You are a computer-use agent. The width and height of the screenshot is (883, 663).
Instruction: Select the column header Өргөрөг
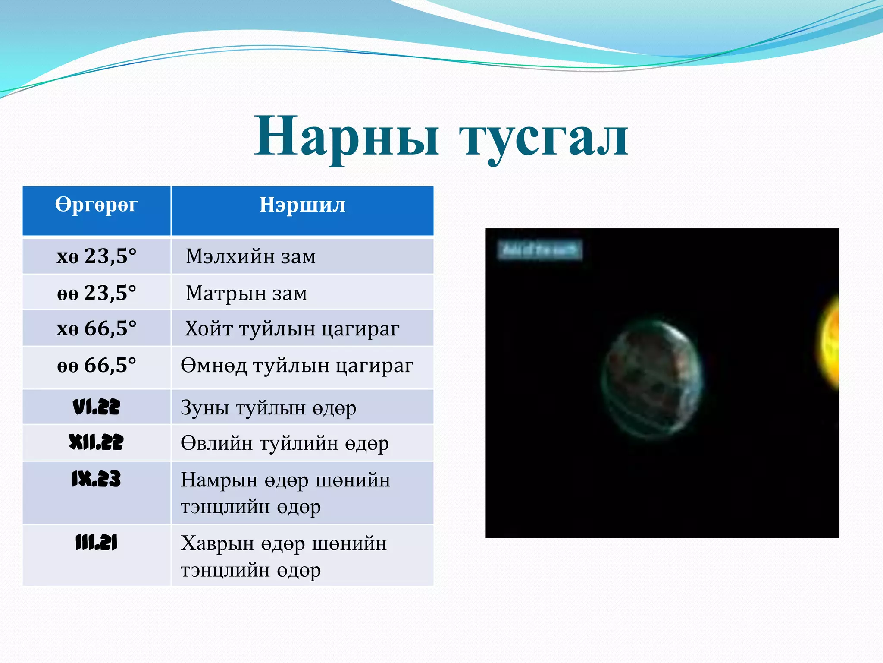click(x=97, y=205)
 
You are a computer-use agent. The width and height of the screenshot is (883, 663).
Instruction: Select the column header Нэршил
click(x=302, y=205)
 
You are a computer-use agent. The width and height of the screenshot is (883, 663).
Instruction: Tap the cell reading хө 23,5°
click(x=97, y=256)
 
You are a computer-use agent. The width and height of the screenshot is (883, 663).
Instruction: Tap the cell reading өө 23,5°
click(x=97, y=293)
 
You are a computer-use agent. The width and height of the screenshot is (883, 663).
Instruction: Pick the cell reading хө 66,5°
click(x=97, y=328)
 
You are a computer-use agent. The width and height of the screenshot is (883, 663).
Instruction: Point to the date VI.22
click(x=97, y=407)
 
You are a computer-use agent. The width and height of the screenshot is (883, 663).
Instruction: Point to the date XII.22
click(x=97, y=442)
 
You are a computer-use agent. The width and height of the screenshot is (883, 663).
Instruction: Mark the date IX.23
click(x=97, y=479)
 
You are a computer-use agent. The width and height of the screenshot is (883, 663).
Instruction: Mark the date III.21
click(x=97, y=543)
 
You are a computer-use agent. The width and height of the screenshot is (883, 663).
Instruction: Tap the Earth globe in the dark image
click(x=652, y=380)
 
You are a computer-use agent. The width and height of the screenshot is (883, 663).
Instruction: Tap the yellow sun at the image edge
click(x=831, y=343)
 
